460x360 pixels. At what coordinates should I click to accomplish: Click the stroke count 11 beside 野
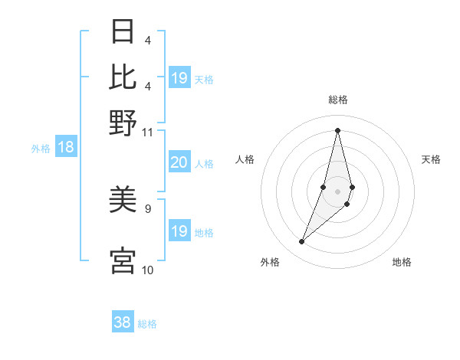tap(148, 132)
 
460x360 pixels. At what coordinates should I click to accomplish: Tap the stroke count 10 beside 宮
tap(148, 270)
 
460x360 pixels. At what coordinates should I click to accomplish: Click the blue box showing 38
tap(123, 322)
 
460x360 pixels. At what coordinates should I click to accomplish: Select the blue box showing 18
tap(65, 148)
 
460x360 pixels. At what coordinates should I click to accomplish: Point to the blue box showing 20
tap(179, 162)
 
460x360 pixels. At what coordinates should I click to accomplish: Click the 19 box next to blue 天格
tap(179, 78)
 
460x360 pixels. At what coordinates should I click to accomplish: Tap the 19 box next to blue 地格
tap(179, 231)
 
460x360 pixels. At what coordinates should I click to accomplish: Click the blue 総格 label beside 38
tap(147, 324)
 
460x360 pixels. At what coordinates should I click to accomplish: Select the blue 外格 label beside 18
tap(40, 149)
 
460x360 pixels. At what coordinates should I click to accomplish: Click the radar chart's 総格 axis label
tap(337, 100)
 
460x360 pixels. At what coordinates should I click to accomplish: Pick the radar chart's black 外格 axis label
tap(270, 262)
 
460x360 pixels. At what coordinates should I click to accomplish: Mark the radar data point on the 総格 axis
tap(337, 129)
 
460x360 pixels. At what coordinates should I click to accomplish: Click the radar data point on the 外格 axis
tap(301, 242)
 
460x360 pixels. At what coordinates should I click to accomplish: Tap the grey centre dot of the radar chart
tap(337, 191)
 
